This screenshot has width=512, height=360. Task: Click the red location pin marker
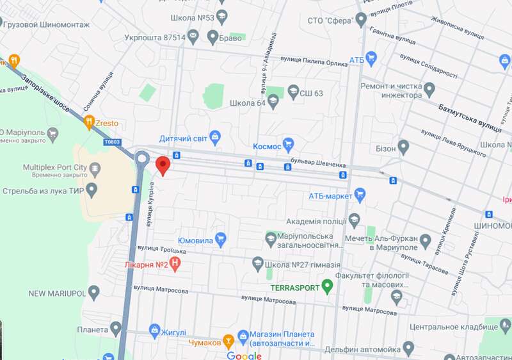click(x=163, y=165)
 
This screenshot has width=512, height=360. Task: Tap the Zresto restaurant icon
click(x=90, y=121)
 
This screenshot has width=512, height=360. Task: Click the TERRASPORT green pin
click(x=328, y=286)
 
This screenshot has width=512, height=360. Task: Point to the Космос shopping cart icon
click(x=289, y=145)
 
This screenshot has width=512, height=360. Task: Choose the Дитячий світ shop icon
click(x=215, y=136)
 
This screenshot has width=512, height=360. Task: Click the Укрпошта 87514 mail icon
click(x=193, y=37)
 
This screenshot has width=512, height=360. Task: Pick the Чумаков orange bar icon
click(x=227, y=341)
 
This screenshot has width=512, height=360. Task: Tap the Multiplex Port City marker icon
click(x=95, y=168)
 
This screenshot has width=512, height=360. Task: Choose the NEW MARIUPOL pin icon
click(x=95, y=293)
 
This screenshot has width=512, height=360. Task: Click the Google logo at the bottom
click(x=244, y=356)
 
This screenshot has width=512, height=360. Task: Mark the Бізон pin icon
click(x=403, y=148)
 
